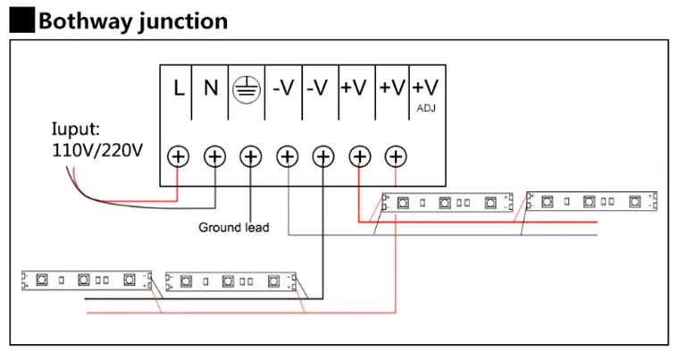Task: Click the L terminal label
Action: coord(179,88)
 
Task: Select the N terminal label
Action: coord(211,88)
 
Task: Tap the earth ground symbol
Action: coord(247,89)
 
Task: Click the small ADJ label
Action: coord(426,108)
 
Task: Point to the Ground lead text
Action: coord(233,227)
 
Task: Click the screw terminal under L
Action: coord(178,156)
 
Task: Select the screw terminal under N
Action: coord(215,156)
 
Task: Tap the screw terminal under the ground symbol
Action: coord(251,156)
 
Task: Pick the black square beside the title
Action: coord(22,20)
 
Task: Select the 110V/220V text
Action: coord(97,150)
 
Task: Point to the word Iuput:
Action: coord(76,130)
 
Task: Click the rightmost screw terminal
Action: coord(396,156)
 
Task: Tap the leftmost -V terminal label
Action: coord(283,88)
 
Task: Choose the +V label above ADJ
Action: coord(425,88)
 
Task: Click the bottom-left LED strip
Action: coord(87,280)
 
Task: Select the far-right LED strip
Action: coord(591,201)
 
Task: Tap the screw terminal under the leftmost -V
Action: coord(288,156)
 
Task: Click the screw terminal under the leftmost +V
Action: coord(360,156)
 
